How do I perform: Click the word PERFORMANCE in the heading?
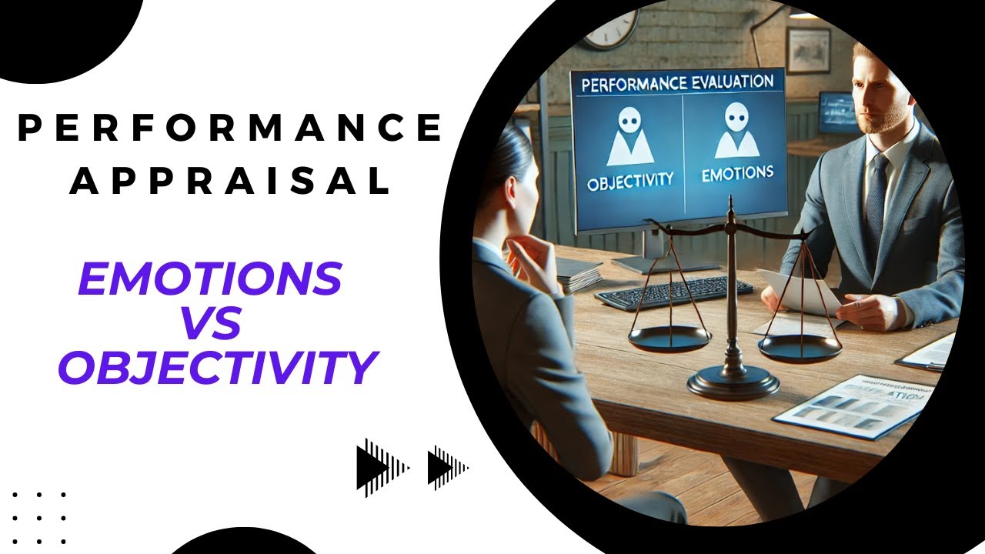[229, 128]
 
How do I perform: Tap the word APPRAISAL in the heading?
[229, 181]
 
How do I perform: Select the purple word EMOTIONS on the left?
[210, 278]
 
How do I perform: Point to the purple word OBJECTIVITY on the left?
[218, 368]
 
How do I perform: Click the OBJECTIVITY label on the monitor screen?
[629, 182]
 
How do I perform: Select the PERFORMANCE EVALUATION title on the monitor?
[677, 82]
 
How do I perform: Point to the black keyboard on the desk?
[673, 293]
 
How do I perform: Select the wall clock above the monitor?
[611, 30]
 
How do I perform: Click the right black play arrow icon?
[447, 466]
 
